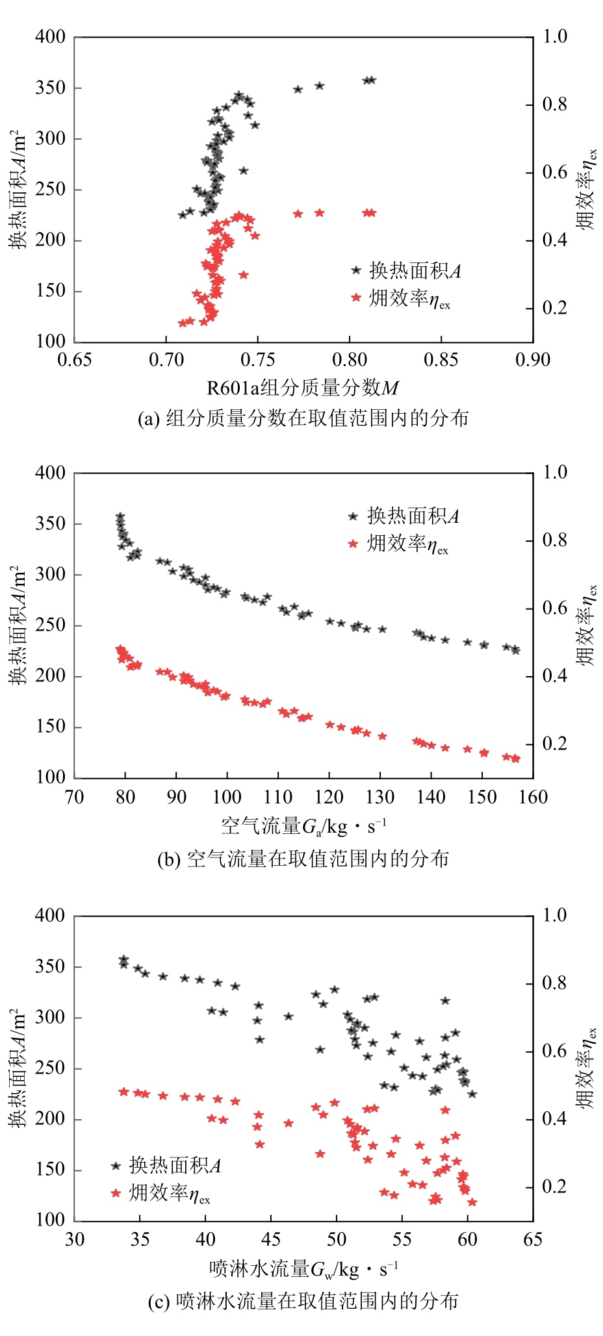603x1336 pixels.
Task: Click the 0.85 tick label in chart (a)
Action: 441,360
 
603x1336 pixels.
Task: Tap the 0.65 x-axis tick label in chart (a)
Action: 75,360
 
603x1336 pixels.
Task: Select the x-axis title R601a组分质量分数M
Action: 302,388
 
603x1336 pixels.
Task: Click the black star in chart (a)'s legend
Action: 355,270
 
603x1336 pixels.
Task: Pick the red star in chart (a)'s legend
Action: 355,297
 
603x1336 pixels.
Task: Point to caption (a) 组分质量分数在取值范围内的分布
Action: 303,418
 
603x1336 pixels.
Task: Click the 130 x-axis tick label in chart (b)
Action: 379,796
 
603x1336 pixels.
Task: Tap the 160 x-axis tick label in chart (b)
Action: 533,796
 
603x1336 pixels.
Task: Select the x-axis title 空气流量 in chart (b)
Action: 303,826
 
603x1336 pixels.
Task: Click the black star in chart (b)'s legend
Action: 353,516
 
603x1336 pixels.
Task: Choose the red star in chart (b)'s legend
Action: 353,544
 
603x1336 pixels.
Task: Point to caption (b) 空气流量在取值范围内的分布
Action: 303,859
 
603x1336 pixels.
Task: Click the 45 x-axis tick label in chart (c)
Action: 270,1239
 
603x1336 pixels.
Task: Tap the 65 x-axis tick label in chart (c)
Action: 532,1239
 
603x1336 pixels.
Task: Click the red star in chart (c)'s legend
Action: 116,1192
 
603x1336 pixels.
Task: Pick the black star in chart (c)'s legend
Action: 116,1166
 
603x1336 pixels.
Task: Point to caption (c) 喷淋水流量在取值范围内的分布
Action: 303,1301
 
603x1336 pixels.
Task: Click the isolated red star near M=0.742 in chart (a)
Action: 244,275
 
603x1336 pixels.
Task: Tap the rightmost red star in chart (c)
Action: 472,1202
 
